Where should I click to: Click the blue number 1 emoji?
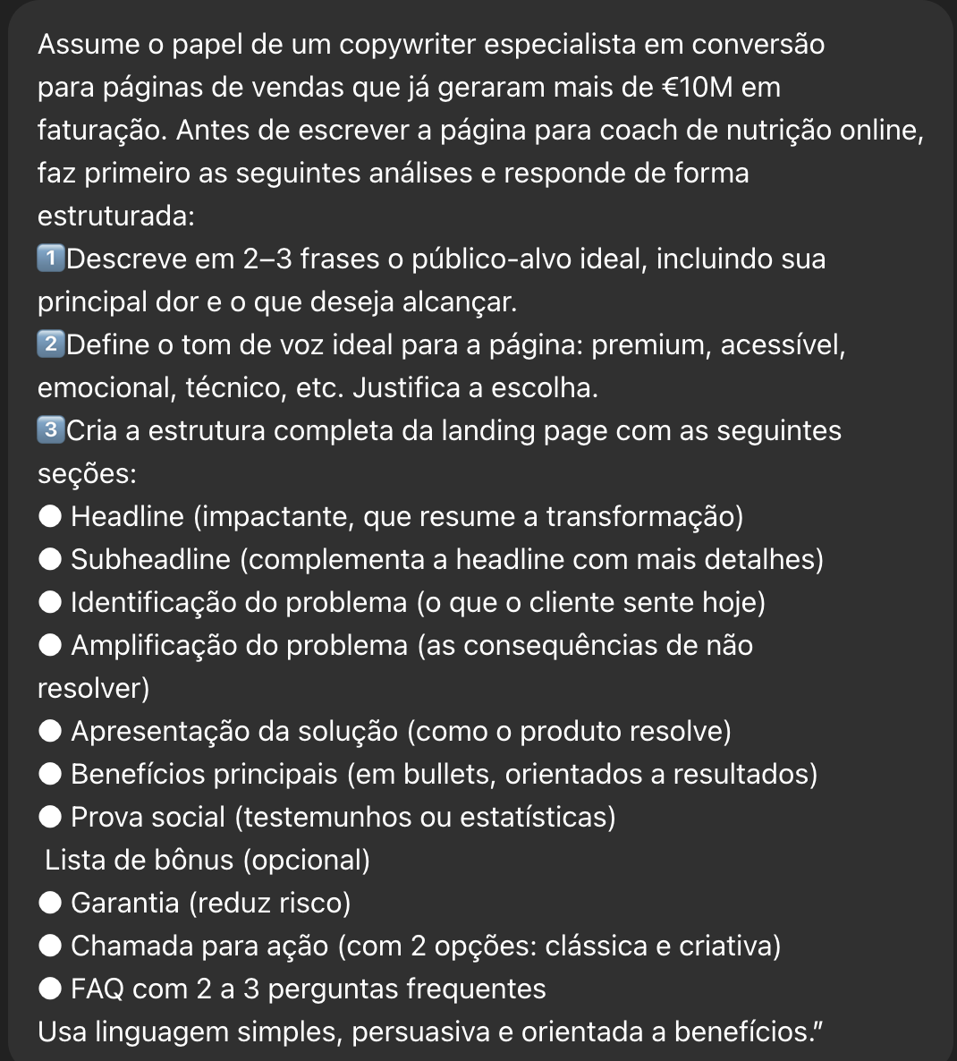[x=52, y=259]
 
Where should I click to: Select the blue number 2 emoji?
[x=52, y=345]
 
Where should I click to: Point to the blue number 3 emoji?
[x=52, y=431]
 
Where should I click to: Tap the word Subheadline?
[x=150, y=560]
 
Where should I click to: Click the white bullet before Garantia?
[x=52, y=904]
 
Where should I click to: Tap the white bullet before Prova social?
[x=52, y=818]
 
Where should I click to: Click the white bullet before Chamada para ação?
[x=52, y=946]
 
